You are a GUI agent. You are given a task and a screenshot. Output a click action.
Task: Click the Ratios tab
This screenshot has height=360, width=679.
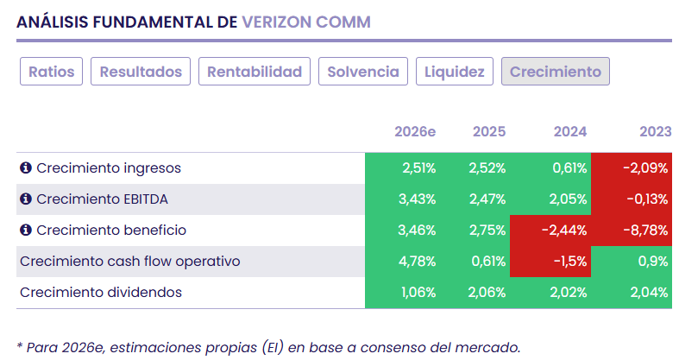[x=52, y=72]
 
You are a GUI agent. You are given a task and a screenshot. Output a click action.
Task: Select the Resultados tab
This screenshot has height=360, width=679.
[x=141, y=72]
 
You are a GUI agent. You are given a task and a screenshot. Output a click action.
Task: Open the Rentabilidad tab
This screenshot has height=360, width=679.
[x=255, y=72]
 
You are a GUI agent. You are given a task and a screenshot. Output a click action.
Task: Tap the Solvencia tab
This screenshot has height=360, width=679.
[x=363, y=72]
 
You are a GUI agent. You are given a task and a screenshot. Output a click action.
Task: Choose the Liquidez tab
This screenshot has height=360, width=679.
[x=455, y=72]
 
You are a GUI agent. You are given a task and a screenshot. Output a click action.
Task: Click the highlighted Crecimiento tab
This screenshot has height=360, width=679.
[x=556, y=72]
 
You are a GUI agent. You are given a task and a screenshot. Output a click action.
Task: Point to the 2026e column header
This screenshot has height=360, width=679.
[x=415, y=132]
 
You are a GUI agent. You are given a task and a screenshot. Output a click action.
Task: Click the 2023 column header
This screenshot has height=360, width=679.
[x=655, y=132]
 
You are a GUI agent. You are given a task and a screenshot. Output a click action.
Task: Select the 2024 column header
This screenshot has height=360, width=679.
[x=570, y=132]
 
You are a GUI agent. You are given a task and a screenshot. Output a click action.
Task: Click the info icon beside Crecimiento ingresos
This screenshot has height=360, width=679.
[x=26, y=168]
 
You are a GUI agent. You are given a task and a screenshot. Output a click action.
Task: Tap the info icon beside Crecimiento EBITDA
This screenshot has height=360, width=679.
[x=26, y=199]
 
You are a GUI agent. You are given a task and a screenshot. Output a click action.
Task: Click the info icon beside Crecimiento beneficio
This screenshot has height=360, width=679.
[x=26, y=231]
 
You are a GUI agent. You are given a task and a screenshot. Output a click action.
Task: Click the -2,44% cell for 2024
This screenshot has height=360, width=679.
[x=566, y=231]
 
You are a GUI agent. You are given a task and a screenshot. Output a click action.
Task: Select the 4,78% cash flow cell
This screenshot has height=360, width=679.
[x=418, y=262]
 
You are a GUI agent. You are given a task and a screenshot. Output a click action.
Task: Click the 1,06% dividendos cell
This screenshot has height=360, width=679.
[x=418, y=293]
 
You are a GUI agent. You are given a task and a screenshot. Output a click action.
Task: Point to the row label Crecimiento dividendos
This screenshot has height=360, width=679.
[x=101, y=293]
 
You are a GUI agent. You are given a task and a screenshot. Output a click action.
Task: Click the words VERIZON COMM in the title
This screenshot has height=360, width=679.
[x=306, y=22]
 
